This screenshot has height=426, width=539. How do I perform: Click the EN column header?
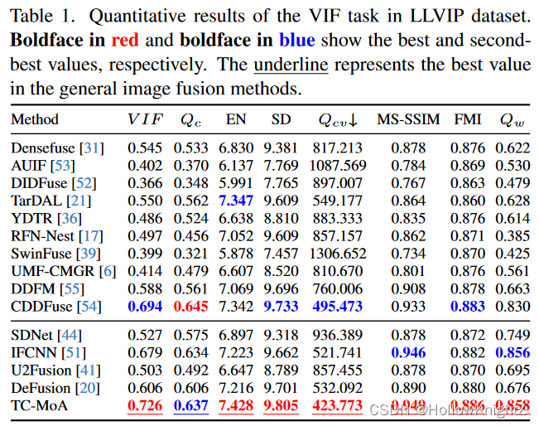tap(237, 120)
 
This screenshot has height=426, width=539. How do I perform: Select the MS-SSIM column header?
tap(408, 120)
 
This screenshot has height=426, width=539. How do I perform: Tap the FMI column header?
tap(468, 120)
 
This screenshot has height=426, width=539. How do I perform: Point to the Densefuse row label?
tap(45, 148)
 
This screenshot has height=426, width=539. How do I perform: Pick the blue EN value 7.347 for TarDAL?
tap(236, 201)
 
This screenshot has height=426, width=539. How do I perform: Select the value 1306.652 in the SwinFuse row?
tap(337, 254)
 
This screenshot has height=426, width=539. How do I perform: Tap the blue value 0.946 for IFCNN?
tap(408, 352)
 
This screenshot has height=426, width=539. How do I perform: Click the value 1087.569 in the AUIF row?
tap(337, 166)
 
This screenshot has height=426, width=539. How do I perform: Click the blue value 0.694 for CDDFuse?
tap(145, 307)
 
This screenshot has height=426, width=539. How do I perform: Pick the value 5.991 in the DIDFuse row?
tap(236, 183)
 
